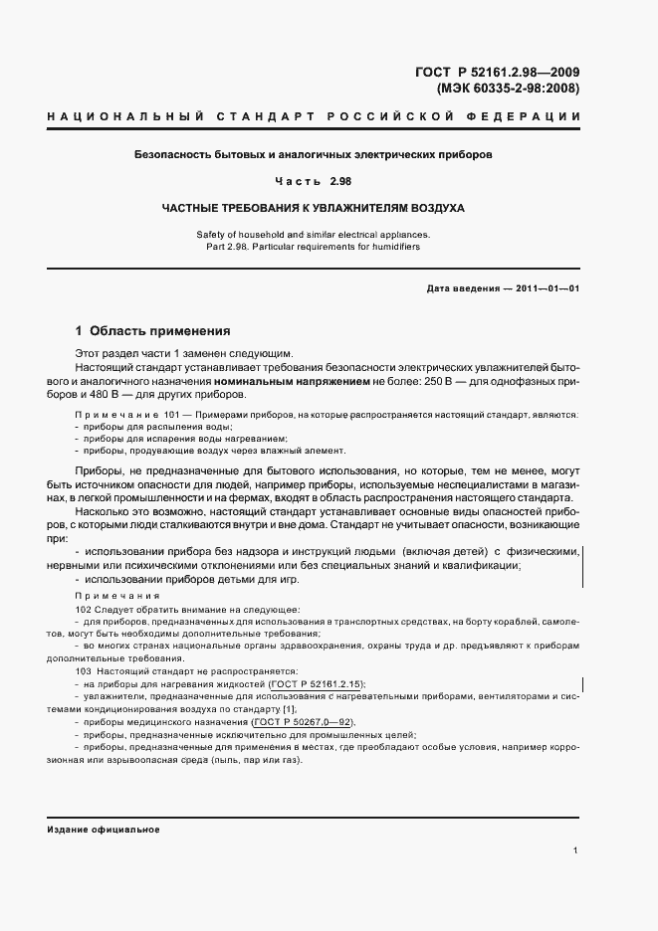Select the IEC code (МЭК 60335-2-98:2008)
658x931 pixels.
pyautogui.click(x=509, y=89)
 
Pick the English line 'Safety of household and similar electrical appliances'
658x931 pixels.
pyautogui.click(x=314, y=234)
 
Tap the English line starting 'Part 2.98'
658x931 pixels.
pyautogui.click(x=314, y=246)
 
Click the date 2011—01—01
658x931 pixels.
pyautogui.click(x=544, y=288)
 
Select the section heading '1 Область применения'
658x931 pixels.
pyautogui.click(x=153, y=330)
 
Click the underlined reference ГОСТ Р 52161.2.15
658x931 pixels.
pyautogui.click(x=317, y=684)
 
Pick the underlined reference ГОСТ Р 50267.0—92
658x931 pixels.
pyautogui.click(x=304, y=722)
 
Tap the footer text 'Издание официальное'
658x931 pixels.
pyautogui.click(x=104, y=829)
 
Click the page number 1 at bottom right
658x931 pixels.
pyautogui.click(x=576, y=850)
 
